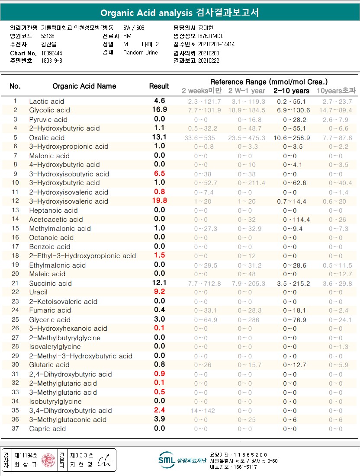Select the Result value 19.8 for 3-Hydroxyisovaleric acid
(160, 201)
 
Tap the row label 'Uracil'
(39, 292)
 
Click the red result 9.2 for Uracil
(160, 292)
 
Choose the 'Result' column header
(159, 86)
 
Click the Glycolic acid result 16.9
(160, 109)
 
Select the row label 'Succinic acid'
(50, 283)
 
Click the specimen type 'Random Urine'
(141, 52)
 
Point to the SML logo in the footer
(167, 460)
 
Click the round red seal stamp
(48, 460)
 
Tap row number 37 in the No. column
(15, 428)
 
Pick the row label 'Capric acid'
(48, 429)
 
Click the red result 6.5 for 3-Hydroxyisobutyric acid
(160, 173)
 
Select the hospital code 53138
(48, 36)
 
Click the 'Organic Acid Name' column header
(84, 86)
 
